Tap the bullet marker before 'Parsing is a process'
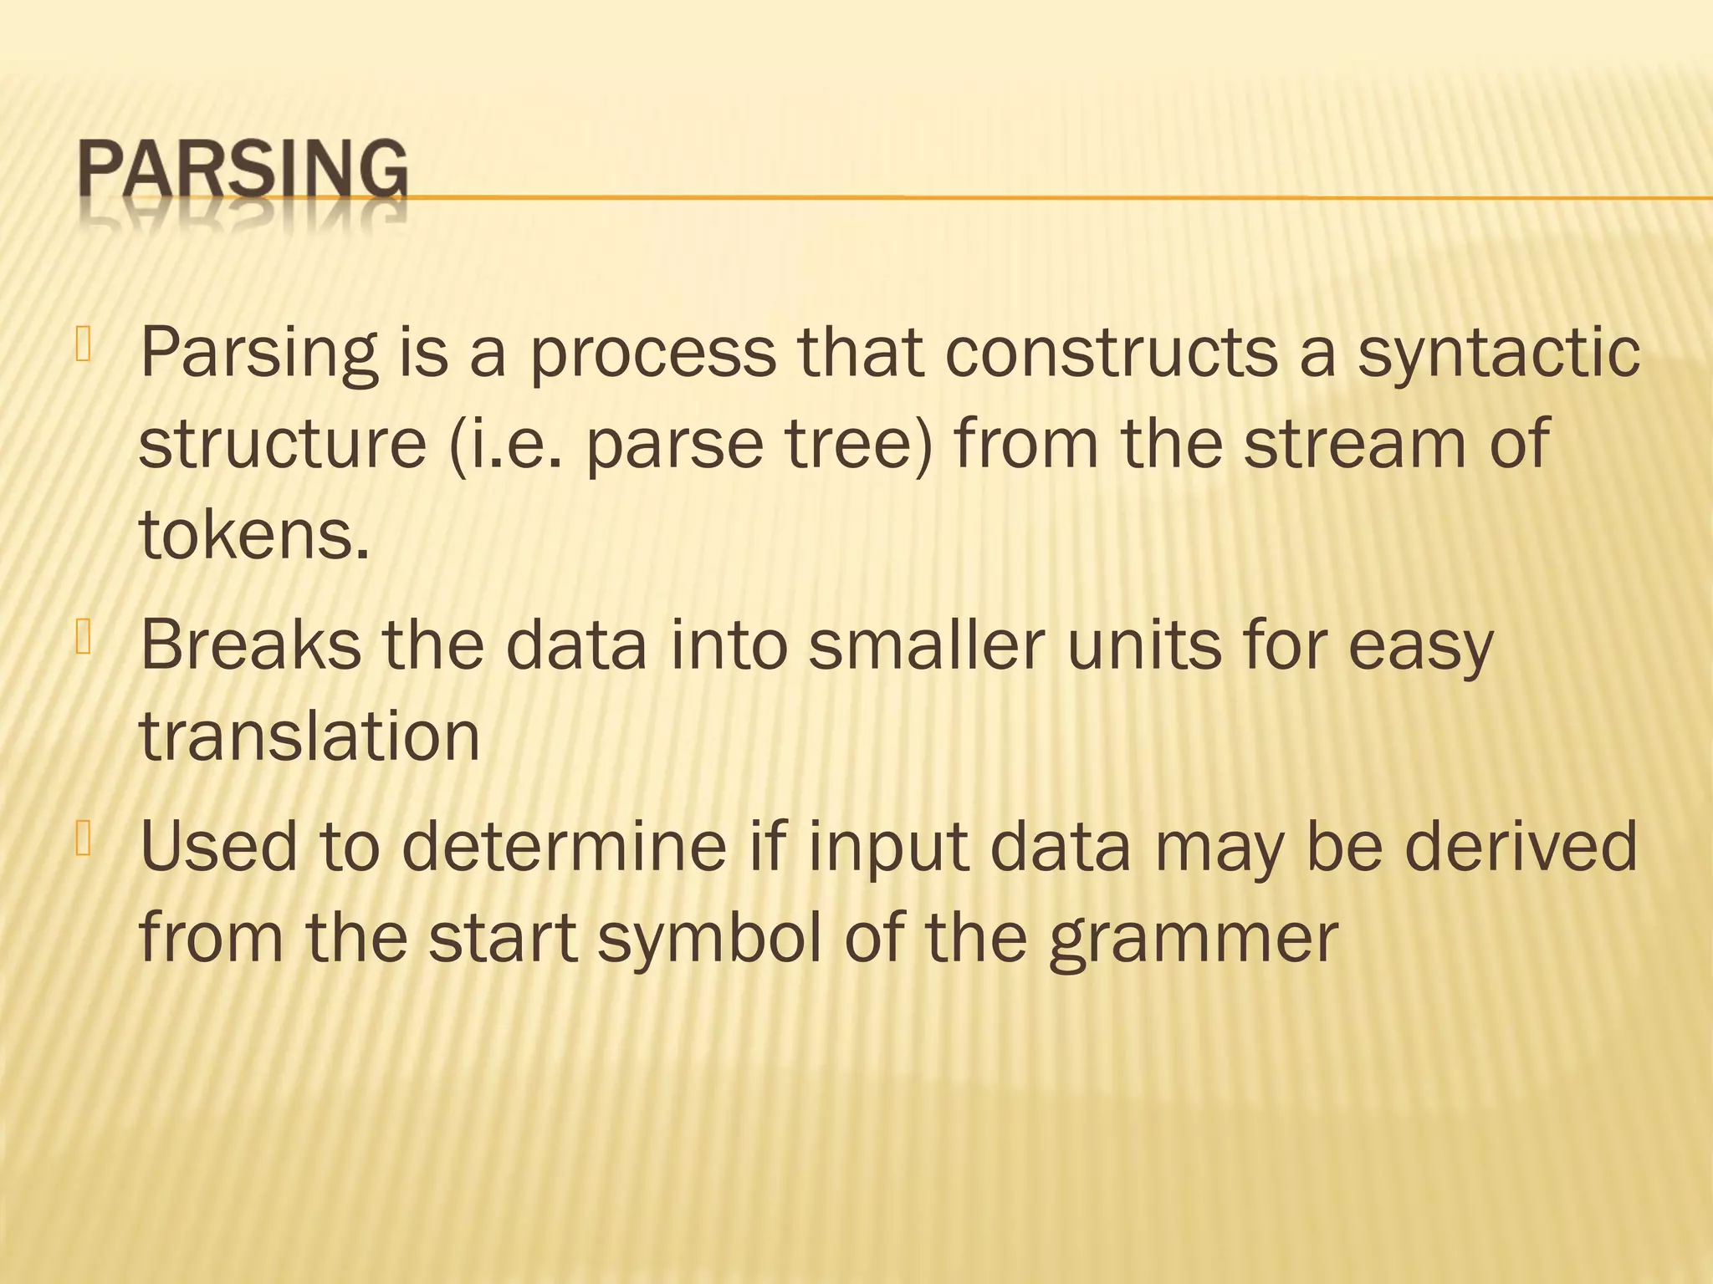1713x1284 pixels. click(83, 344)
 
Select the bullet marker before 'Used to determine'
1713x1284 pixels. click(83, 839)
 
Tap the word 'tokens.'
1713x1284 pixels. click(253, 535)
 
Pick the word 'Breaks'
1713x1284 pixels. click(250, 645)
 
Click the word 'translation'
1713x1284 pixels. click(309, 737)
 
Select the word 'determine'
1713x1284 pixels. click(565, 847)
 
